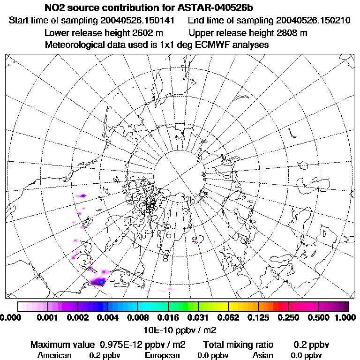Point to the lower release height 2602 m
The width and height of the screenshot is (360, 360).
click(x=142, y=33)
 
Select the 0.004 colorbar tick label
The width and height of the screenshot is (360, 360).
click(x=107, y=318)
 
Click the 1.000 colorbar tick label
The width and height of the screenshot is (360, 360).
click(x=346, y=318)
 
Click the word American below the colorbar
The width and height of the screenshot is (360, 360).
click(x=54, y=355)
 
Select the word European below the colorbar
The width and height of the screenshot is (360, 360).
click(x=162, y=355)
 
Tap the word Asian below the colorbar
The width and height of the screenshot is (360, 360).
click(x=262, y=355)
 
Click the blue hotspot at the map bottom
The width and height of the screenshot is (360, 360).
click(x=99, y=282)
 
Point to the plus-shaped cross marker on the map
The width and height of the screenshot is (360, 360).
click(x=202, y=197)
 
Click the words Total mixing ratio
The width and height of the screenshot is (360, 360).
click(x=238, y=345)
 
